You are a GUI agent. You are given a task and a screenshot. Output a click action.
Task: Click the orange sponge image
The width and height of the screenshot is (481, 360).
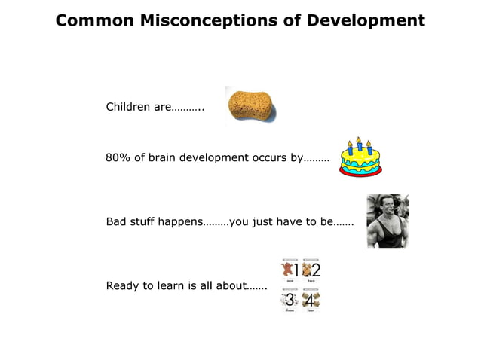(250, 105)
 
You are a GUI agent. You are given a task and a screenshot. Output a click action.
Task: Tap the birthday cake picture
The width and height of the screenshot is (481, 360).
(360, 157)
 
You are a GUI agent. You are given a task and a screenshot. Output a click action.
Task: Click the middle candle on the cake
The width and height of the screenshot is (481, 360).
(360, 143)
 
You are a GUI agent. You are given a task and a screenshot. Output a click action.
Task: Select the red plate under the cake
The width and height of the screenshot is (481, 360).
(360, 172)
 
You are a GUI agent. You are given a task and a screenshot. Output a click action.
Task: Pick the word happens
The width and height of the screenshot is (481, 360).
(181, 222)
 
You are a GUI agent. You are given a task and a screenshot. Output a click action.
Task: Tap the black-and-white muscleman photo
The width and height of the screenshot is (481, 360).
(388, 221)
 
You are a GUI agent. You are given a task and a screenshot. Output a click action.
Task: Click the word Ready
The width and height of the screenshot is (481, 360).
(123, 285)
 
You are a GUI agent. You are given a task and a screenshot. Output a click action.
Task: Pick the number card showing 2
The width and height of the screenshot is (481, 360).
(311, 270)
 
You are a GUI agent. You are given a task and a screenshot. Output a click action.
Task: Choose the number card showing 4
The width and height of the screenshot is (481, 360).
(311, 300)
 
